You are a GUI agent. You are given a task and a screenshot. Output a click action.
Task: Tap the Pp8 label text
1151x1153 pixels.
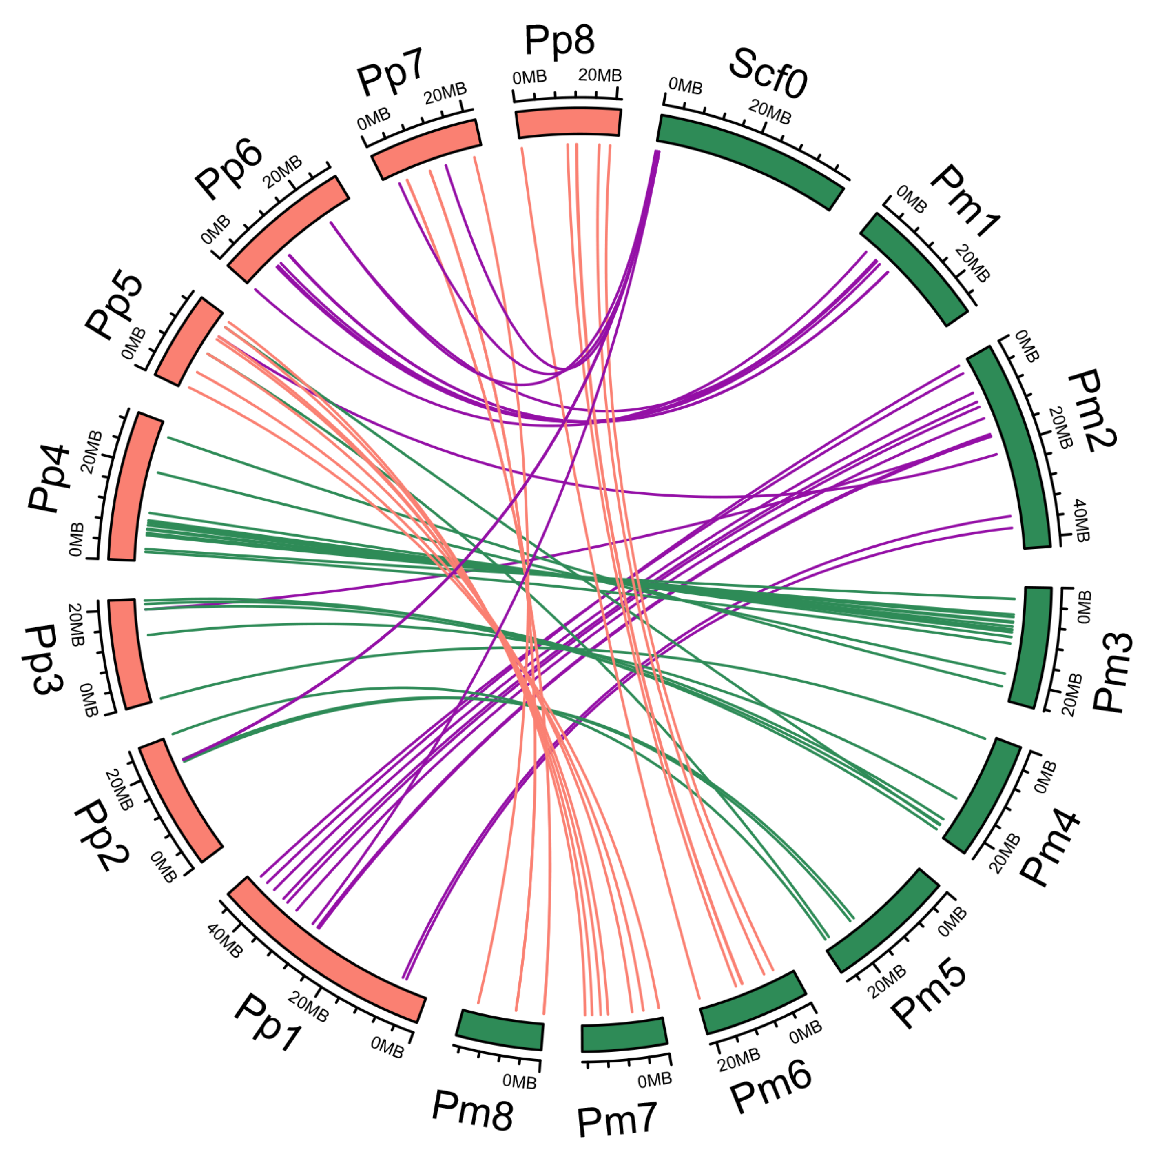point(559,40)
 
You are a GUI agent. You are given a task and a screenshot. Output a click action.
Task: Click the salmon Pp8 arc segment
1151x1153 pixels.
point(568,122)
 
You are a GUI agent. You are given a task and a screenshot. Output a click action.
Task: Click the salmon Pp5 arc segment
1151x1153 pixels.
point(188,342)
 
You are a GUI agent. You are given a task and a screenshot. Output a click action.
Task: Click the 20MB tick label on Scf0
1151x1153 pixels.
point(770,112)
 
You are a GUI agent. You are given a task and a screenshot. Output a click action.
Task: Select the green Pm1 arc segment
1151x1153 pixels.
point(914,269)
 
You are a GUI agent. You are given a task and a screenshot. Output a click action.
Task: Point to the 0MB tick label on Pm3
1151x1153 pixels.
point(1084,607)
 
